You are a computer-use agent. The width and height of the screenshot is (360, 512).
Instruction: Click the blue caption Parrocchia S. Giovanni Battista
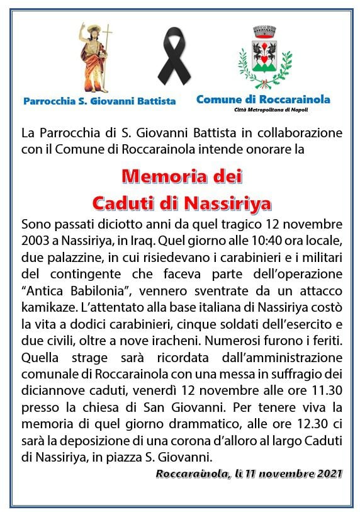[99, 101]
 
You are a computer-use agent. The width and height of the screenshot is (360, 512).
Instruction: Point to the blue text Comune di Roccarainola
[263, 99]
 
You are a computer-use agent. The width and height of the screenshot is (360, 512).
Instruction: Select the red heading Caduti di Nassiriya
[182, 202]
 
